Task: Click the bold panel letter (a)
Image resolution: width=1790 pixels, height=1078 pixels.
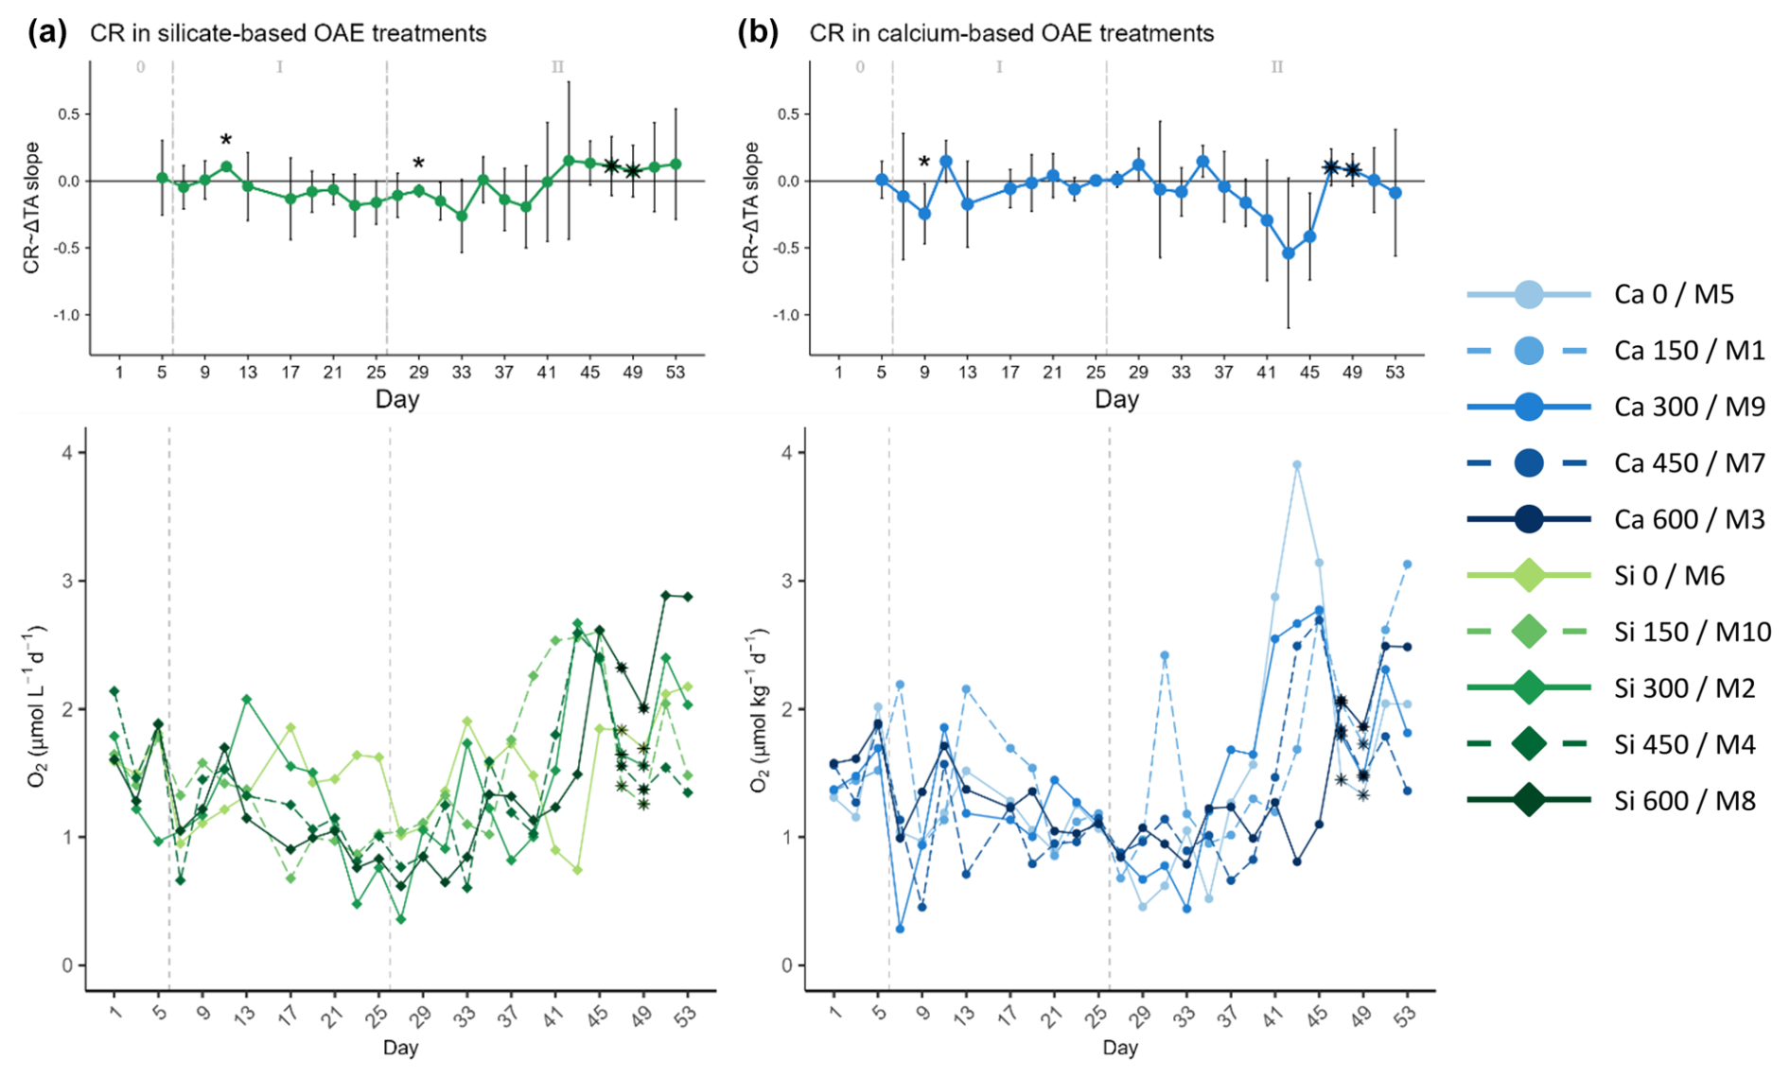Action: [47, 33]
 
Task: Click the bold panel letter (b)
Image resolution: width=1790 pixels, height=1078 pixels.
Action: [758, 33]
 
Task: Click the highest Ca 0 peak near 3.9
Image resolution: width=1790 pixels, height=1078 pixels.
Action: [1297, 465]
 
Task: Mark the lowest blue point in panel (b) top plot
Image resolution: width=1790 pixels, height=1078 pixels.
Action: [1288, 253]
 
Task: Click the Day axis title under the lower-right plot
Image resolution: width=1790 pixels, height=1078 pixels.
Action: [1119, 1048]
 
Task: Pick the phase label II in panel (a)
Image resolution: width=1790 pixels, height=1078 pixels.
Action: [557, 67]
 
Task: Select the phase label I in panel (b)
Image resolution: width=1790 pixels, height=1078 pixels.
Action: [999, 67]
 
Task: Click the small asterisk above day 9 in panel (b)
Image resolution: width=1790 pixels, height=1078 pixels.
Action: [924, 163]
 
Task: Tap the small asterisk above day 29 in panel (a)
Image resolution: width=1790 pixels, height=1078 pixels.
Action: [418, 165]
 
